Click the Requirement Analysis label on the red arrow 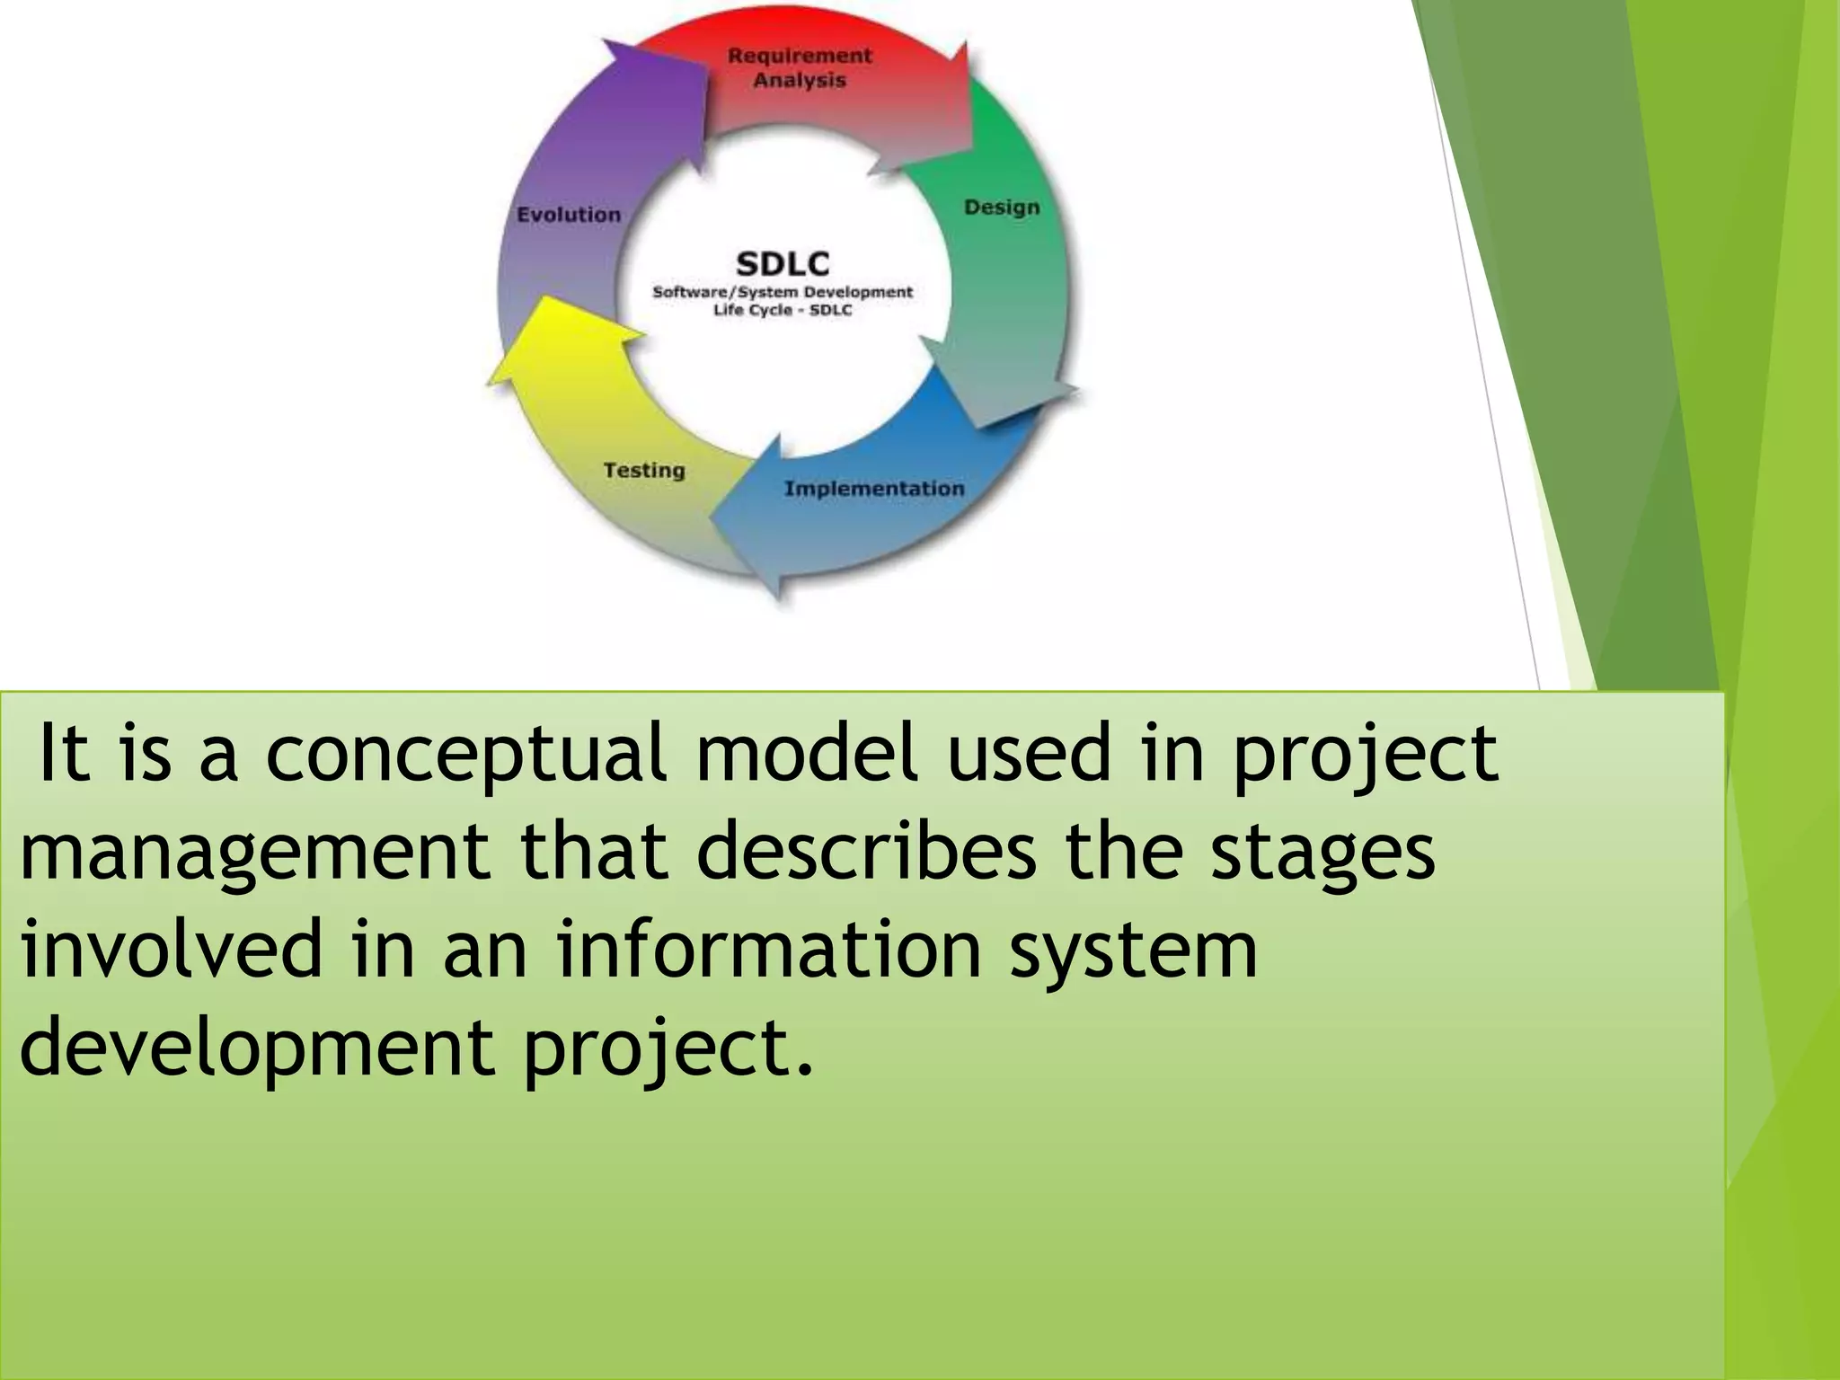(x=800, y=68)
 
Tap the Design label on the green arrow (x=1002, y=208)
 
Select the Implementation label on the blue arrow (x=873, y=489)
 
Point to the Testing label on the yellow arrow (x=643, y=470)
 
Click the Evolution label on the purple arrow (x=569, y=215)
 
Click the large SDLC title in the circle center (x=783, y=264)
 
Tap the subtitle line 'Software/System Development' (x=783, y=292)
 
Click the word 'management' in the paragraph (x=254, y=851)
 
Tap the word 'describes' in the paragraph (x=865, y=851)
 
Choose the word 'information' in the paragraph (x=768, y=950)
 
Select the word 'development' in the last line (x=256, y=1047)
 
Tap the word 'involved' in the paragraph (x=171, y=950)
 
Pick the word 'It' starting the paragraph (x=65, y=753)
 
